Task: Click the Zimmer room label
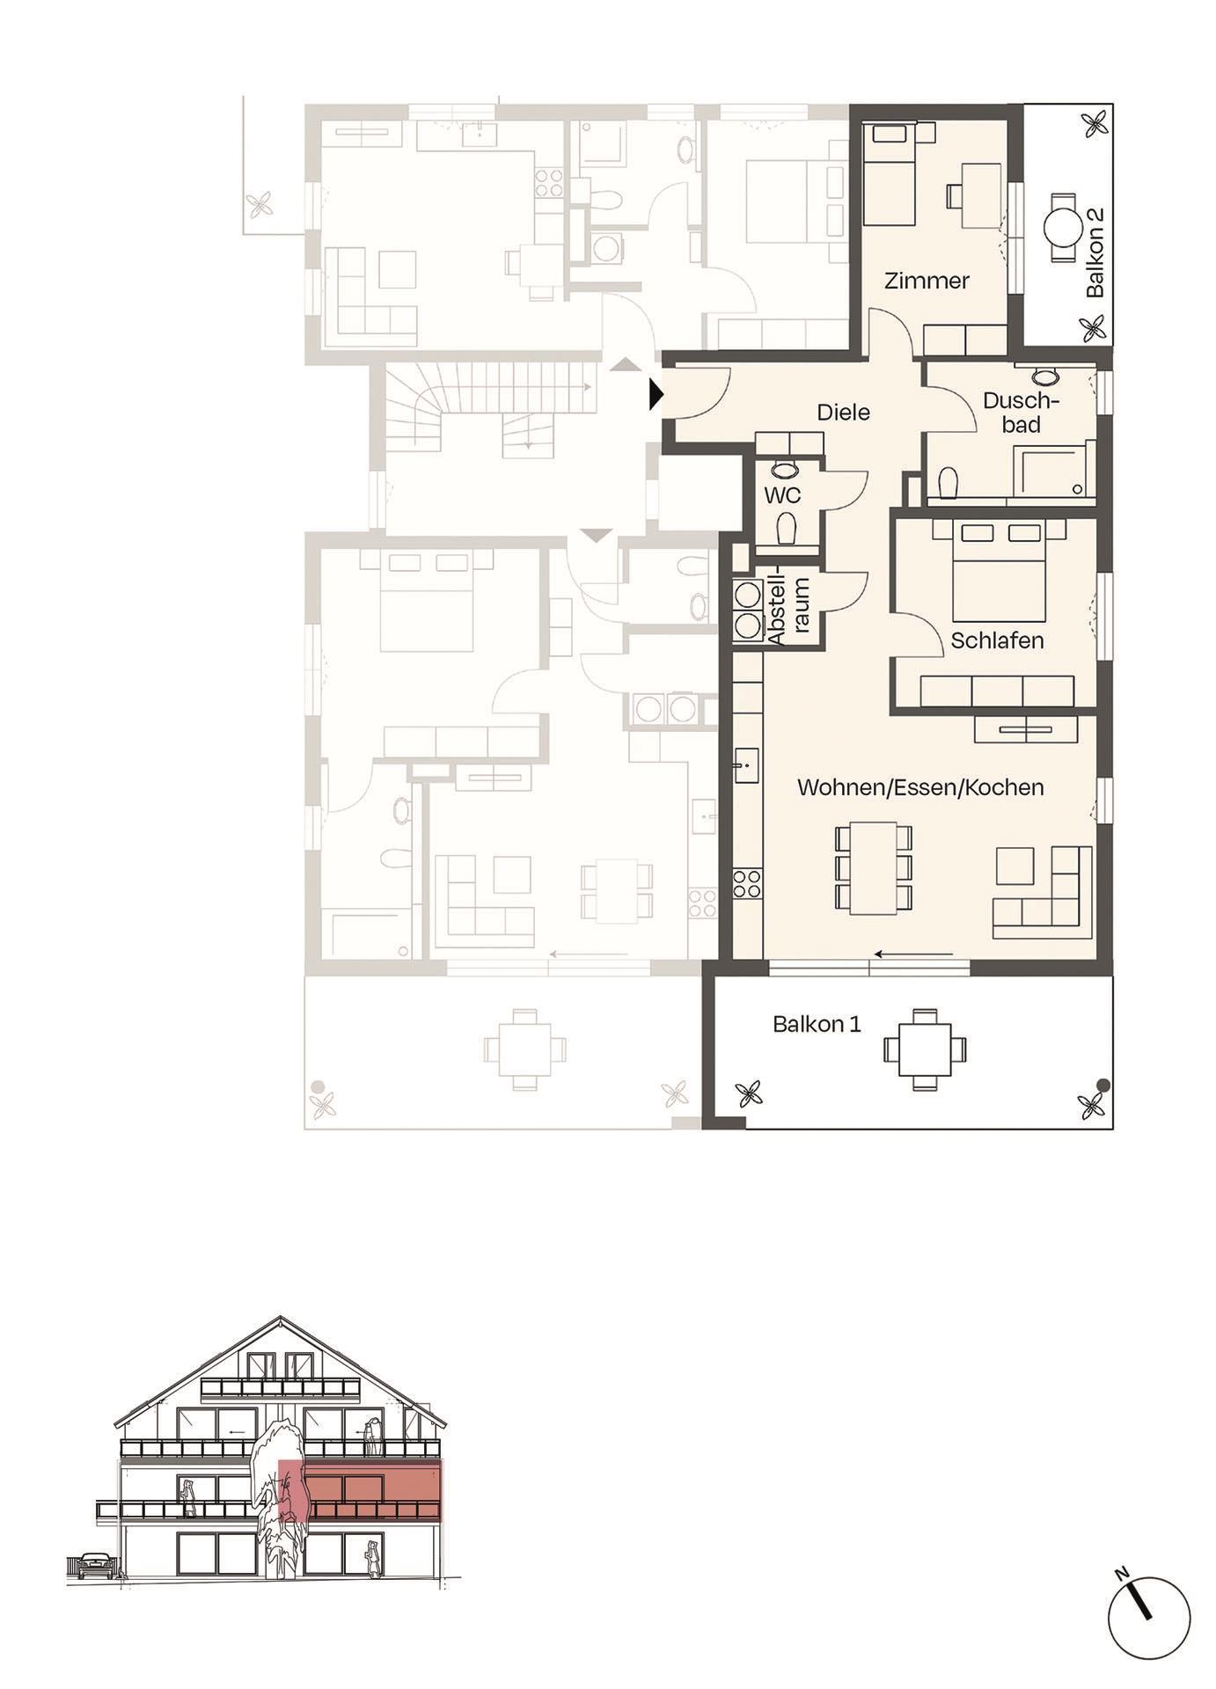pyautogui.click(x=927, y=281)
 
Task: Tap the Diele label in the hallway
pyautogui.click(x=843, y=412)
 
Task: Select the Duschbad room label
pyautogui.click(x=1021, y=413)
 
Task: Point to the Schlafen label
pyautogui.click(x=997, y=640)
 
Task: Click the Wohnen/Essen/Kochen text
pyautogui.click(x=920, y=786)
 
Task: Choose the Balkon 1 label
pyautogui.click(x=817, y=1024)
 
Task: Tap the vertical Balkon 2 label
pyautogui.click(x=1095, y=253)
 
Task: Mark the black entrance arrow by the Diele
pyautogui.click(x=655, y=394)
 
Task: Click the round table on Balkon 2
pyautogui.click(x=1062, y=228)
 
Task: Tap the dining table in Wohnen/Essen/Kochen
pyautogui.click(x=872, y=868)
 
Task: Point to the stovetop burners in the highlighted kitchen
pyautogui.click(x=747, y=883)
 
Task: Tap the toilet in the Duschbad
pyautogui.click(x=948, y=483)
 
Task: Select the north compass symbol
pyautogui.click(x=1148, y=1617)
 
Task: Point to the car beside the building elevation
pyautogui.click(x=95, y=1565)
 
